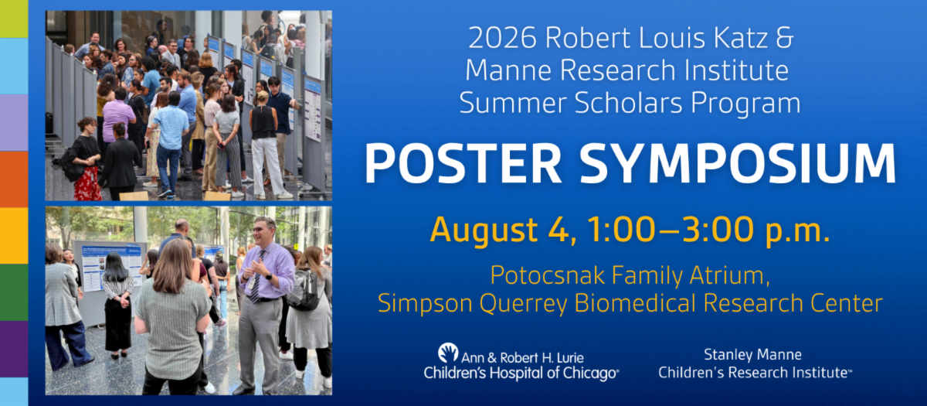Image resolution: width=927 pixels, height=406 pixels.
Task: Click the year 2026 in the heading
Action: (x=502, y=38)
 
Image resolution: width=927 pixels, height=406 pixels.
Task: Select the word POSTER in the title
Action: (x=463, y=163)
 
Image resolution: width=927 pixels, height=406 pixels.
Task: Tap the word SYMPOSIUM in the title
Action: (x=738, y=163)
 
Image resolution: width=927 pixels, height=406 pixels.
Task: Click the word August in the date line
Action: (x=484, y=230)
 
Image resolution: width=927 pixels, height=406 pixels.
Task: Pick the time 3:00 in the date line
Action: (x=718, y=229)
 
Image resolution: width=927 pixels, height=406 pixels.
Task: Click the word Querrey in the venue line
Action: (x=523, y=304)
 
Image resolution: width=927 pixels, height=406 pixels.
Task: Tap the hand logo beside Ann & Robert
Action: (x=448, y=353)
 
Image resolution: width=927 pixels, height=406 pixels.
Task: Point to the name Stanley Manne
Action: (x=752, y=355)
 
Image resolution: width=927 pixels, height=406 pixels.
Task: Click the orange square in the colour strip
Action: (x=14, y=179)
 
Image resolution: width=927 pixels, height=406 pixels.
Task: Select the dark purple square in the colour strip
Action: (x=14, y=349)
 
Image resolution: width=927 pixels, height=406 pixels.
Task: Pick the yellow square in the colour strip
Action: (x=14, y=236)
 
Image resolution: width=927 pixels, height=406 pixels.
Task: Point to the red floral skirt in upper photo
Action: (x=87, y=183)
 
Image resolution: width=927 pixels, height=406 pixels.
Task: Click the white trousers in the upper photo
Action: (x=268, y=165)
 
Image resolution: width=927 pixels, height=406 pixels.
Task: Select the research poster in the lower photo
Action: (x=111, y=268)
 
